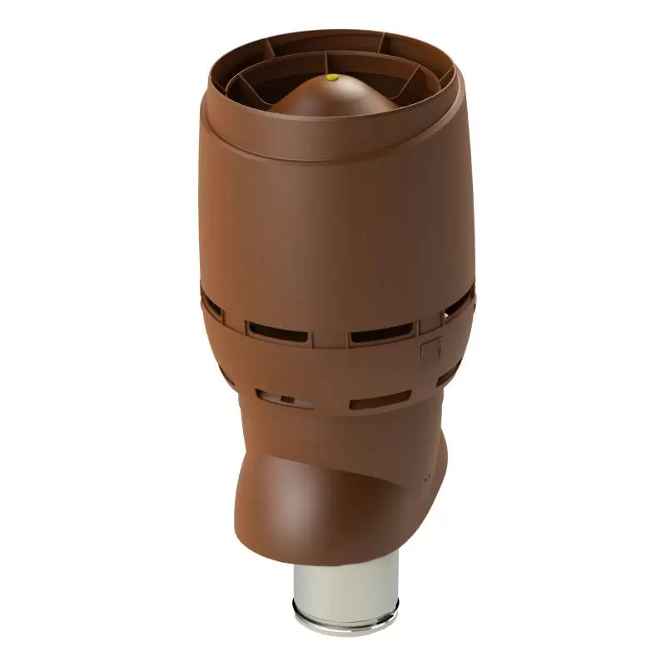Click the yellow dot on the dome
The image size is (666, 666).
click(332, 77)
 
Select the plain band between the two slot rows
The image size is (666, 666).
click(333, 366)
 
